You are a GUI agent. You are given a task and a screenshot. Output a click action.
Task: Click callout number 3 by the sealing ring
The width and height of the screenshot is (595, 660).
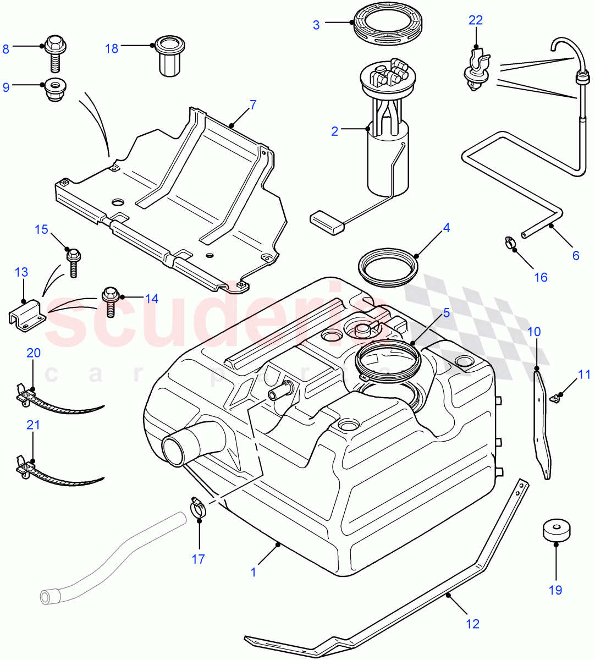click(316, 25)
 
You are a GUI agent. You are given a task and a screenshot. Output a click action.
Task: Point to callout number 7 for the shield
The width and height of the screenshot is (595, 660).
click(252, 105)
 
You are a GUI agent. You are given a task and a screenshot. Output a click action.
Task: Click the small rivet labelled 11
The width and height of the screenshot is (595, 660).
click(559, 397)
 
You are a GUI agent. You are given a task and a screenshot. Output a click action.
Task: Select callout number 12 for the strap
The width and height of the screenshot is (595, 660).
click(472, 624)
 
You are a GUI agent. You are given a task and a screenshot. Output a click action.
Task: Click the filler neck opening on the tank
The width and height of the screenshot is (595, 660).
click(180, 449)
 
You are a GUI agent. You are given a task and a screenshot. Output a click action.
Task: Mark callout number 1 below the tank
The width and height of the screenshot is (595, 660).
click(254, 572)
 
